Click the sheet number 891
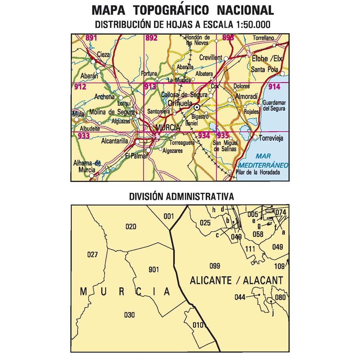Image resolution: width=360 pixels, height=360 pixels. [x=92, y=38]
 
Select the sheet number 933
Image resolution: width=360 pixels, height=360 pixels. [x=84, y=136]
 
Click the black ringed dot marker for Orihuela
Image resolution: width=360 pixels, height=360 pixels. [x=197, y=108]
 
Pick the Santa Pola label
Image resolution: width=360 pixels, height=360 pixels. [x=264, y=70]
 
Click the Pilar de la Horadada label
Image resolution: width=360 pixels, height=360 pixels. [x=258, y=172]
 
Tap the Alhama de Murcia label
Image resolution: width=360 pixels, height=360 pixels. [x=86, y=166]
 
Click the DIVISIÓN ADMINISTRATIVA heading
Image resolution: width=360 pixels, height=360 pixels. [x=181, y=197]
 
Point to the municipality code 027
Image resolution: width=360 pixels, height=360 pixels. [x=92, y=254]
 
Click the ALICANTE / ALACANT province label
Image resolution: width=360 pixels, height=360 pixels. [x=237, y=280]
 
